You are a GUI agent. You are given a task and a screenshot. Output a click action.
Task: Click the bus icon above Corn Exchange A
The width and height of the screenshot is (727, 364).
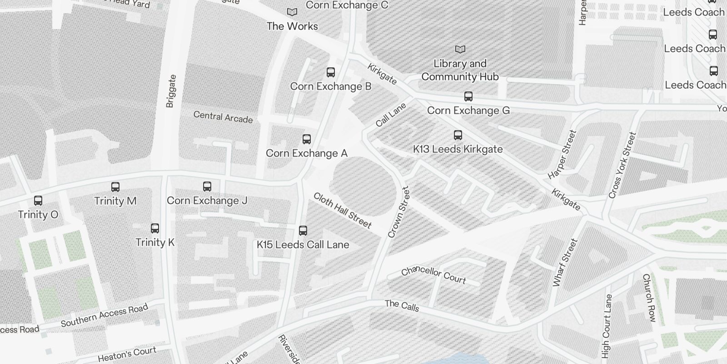click(x=307, y=139)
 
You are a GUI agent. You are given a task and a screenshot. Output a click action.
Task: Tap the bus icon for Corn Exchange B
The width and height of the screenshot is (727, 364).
click(x=331, y=72)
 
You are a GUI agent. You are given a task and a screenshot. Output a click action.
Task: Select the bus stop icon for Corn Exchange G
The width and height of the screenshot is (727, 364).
click(x=468, y=96)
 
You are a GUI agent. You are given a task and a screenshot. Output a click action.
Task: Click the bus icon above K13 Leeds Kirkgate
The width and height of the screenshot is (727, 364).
click(x=458, y=135)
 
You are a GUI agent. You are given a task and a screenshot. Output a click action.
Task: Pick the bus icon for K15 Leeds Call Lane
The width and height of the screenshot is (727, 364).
click(x=303, y=231)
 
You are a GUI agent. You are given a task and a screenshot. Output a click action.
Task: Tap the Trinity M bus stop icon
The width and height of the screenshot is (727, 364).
click(x=115, y=187)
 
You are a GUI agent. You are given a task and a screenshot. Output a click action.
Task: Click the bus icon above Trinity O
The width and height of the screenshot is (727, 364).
click(x=38, y=201)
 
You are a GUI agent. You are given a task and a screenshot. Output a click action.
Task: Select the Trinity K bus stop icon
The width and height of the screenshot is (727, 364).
click(x=155, y=228)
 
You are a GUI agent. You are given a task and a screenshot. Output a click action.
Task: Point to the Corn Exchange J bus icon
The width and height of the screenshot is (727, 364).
click(x=207, y=187)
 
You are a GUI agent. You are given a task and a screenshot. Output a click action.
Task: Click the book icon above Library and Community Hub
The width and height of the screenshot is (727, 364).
click(x=460, y=49)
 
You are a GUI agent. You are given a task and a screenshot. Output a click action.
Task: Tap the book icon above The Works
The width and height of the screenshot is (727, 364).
click(x=292, y=12)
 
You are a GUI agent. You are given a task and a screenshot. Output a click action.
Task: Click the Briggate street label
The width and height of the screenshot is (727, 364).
click(x=171, y=91)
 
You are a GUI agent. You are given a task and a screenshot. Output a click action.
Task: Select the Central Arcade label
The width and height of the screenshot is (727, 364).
click(x=223, y=117)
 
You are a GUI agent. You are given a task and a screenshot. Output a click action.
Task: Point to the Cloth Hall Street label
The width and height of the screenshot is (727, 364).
click(x=343, y=210)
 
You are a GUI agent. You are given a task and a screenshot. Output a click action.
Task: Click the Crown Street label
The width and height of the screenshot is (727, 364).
click(x=398, y=212)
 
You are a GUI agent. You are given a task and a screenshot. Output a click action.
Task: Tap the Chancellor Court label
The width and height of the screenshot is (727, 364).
click(x=433, y=274)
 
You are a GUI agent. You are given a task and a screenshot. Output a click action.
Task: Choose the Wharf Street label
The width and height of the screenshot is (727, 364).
click(x=565, y=263)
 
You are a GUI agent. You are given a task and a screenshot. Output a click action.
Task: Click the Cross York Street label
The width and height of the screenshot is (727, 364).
click(x=622, y=165)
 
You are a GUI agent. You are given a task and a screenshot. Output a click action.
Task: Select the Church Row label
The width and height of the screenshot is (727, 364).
click(x=649, y=298)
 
